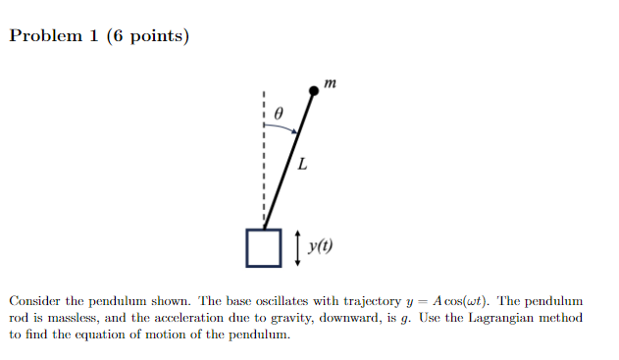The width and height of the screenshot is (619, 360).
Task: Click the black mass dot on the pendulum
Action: click(314, 91)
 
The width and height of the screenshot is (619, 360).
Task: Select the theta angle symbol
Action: click(280, 114)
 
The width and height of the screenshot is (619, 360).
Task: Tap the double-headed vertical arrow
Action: click(297, 247)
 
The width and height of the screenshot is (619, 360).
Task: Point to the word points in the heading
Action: click(152, 37)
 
